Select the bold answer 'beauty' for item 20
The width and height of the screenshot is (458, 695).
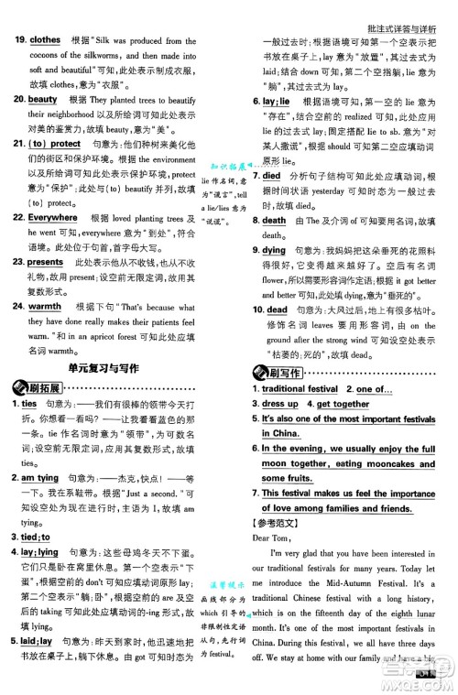point(43,98)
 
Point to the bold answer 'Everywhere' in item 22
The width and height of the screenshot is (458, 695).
point(52,218)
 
